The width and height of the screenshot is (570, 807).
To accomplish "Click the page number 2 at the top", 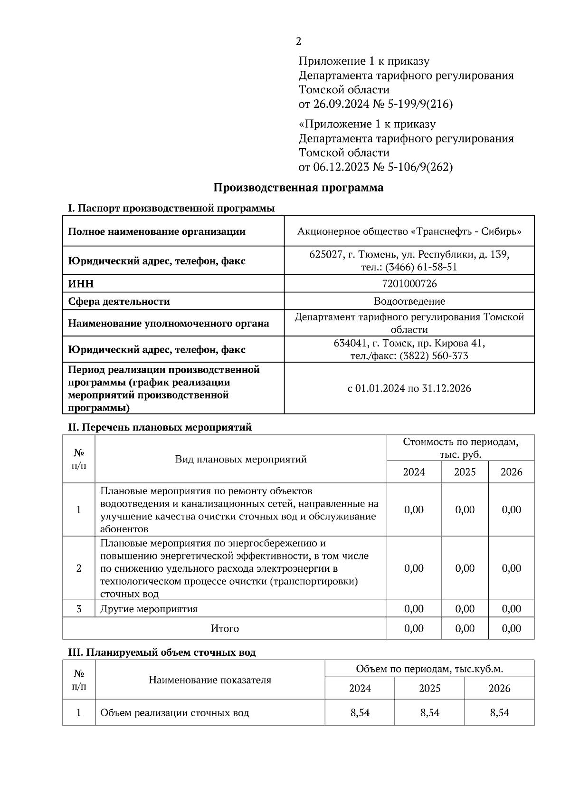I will pyautogui.click(x=298, y=41).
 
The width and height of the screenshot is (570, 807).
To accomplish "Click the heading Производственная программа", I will pyautogui.click(x=298, y=187).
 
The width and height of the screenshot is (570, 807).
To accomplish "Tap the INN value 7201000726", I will pyautogui.click(x=409, y=284).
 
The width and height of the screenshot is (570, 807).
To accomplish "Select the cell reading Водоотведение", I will pyautogui.click(x=409, y=301).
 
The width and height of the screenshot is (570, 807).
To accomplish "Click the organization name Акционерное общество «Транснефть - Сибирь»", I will pyautogui.click(x=409, y=231).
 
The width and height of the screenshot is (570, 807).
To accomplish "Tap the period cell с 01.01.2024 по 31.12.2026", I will pyautogui.click(x=409, y=388).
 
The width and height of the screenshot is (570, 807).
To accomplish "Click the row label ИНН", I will pyautogui.click(x=81, y=284).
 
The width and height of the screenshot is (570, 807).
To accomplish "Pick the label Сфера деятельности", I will pyautogui.click(x=119, y=301).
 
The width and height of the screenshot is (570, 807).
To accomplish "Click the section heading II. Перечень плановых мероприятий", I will pyautogui.click(x=160, y=427).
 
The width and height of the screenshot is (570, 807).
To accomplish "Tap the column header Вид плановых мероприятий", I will pyautogui.click(x=241, y=459).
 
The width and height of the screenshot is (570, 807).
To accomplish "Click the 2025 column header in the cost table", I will pyautogui.click(x=465, y=472).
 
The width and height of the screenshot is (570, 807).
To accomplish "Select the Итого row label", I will pyautogui.click(x=225, y=628).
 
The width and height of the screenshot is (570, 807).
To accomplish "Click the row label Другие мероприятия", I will pyautogui.click(x=149, y=609).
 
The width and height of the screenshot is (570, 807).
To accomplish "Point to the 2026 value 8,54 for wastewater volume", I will pyautogui.click(x=499, y=712).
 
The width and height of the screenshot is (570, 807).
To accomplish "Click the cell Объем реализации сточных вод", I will pyautogui.click(x=174, y=713).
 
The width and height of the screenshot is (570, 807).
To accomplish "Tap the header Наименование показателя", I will pyautogui.click(x=210, y=680).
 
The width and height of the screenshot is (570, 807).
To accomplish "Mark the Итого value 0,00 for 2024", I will pyautogui.click(x=414, y=628).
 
